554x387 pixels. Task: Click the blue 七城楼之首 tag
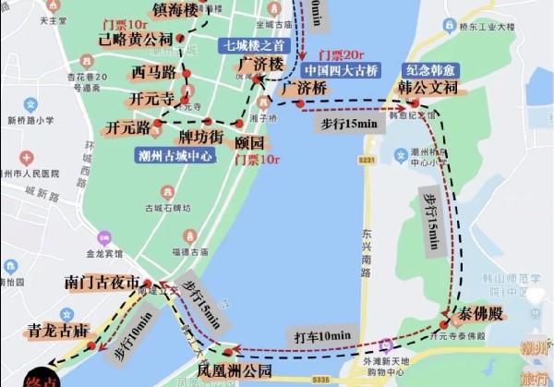[x=249, y=43]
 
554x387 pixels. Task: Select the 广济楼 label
[x=259, y=64]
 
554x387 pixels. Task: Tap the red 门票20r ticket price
[x=334, y=54]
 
